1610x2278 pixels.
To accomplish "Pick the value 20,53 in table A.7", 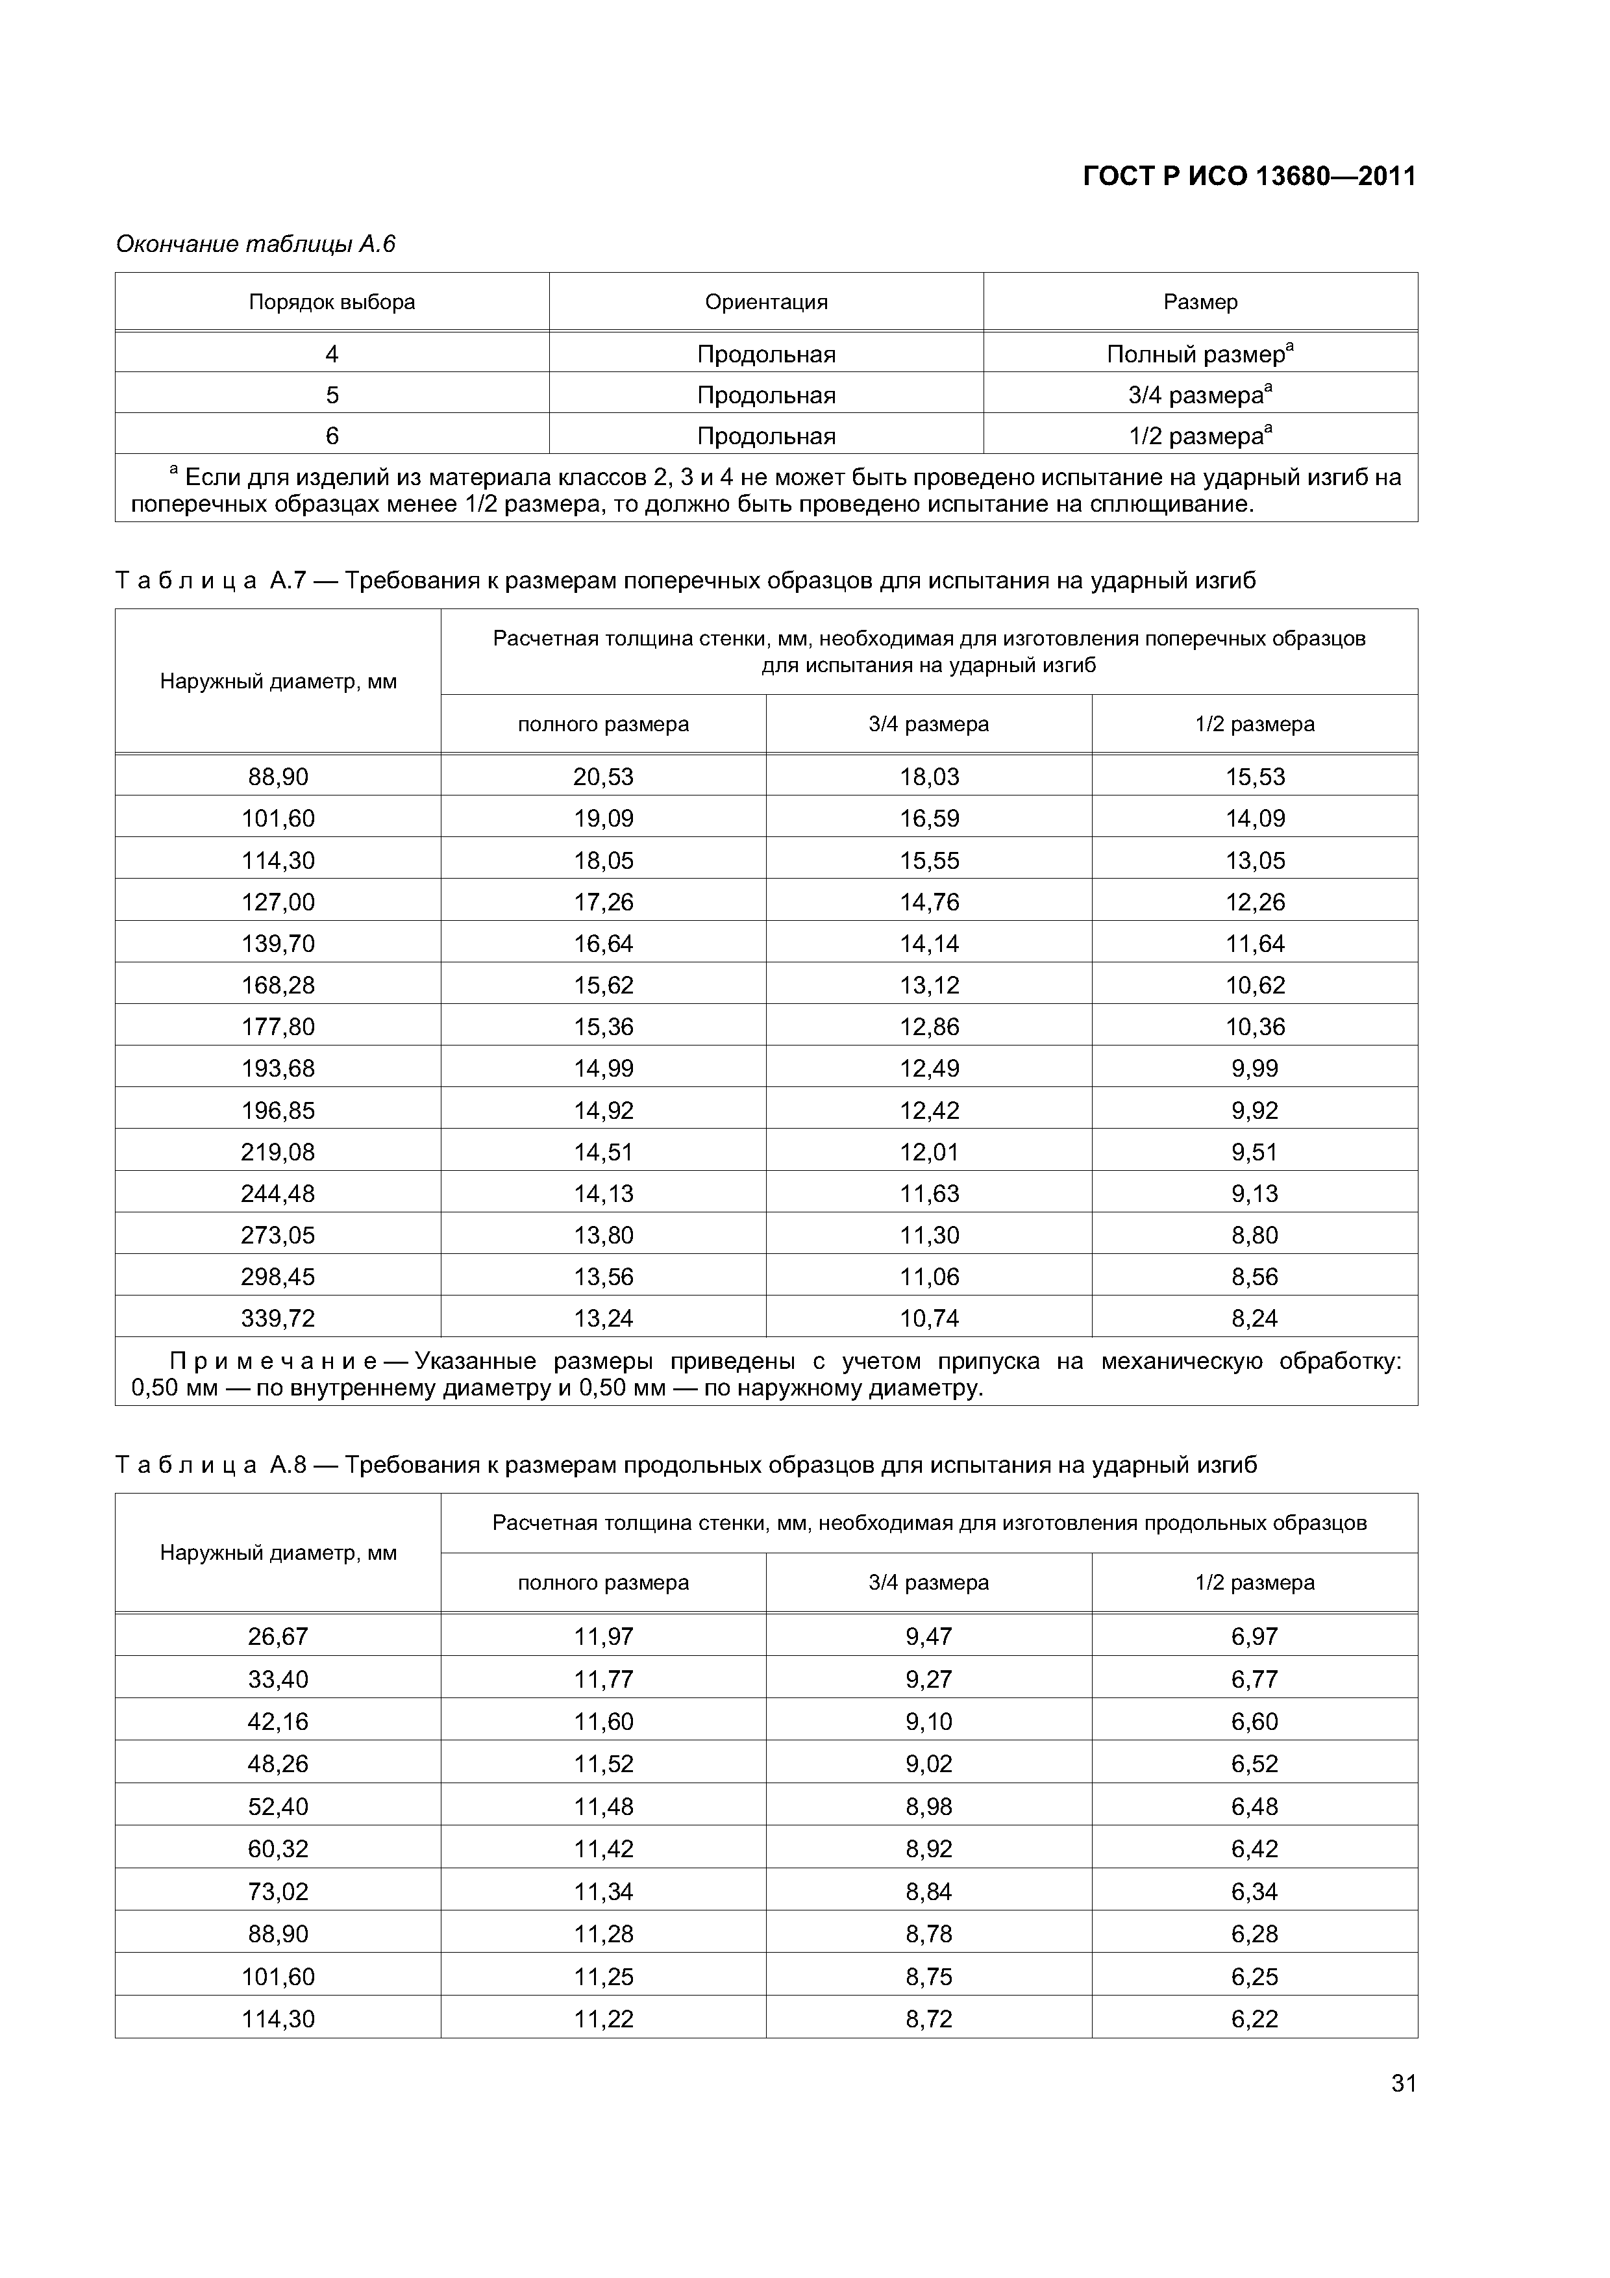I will tap(603, 777).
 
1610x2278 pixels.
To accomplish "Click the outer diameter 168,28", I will tap(278, 985).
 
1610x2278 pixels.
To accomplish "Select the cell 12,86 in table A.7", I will tap(930, 1027).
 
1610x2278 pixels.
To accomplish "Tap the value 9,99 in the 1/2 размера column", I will tap(1255, 1069).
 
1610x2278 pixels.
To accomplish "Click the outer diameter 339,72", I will tap(278, 1319).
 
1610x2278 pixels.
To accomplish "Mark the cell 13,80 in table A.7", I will tap(603, 1235).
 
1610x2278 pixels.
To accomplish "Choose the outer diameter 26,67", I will tap(278, 1637).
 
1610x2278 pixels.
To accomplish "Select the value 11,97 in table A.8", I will tap(603, 1637).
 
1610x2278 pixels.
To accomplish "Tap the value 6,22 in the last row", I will tap(1255, 2019).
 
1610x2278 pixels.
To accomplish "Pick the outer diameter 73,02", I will tap(278, 1891).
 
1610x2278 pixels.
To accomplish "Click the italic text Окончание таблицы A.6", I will tap(255, 244).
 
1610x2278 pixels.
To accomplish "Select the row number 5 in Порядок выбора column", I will tap(332, 395).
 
